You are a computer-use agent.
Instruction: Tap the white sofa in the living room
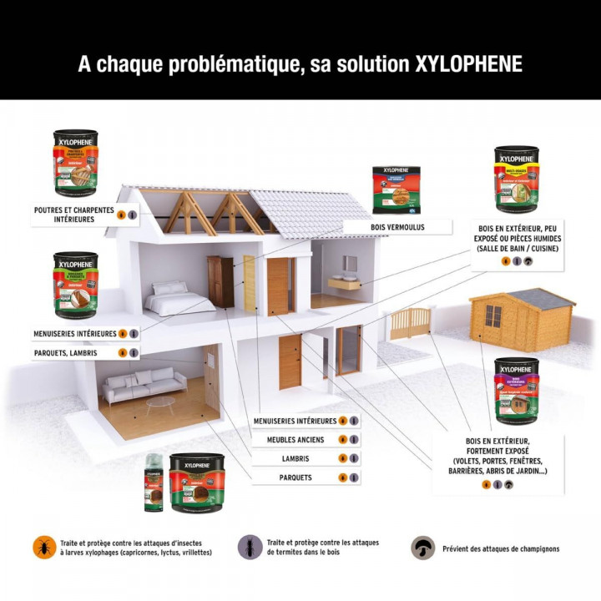(144, 386)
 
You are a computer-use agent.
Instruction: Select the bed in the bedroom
(180, 297)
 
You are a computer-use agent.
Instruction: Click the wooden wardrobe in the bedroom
(221, 281)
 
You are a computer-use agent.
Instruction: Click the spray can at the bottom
(153, 483)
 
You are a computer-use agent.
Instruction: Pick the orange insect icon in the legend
(41, 547)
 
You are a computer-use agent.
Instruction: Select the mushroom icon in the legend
(424, 548)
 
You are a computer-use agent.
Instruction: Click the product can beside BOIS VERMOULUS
(396, 190)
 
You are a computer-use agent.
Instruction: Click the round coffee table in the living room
(160, 403)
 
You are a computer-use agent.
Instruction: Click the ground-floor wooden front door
(290, 361)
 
